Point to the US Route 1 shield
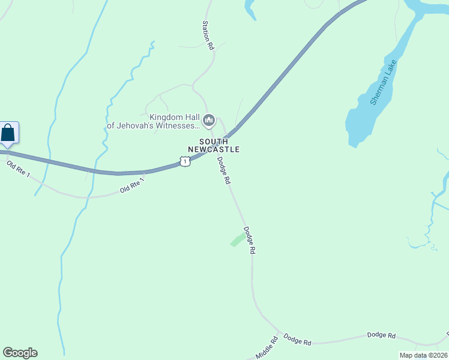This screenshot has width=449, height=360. (185, 161)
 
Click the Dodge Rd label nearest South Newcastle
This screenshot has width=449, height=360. (224, 171)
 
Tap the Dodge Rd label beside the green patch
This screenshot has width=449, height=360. (249, 241)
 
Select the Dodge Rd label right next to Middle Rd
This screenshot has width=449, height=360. (297, 340)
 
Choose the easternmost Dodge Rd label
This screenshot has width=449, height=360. (381, 335)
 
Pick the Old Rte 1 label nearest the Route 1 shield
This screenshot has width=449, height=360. (132, 185)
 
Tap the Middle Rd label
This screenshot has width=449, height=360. (267, 349)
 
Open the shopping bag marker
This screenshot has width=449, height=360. (8, 132)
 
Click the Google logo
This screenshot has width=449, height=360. (20, 353)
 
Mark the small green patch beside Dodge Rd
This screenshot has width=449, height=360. (238, 240)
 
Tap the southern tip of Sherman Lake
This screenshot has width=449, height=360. (354, 144)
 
